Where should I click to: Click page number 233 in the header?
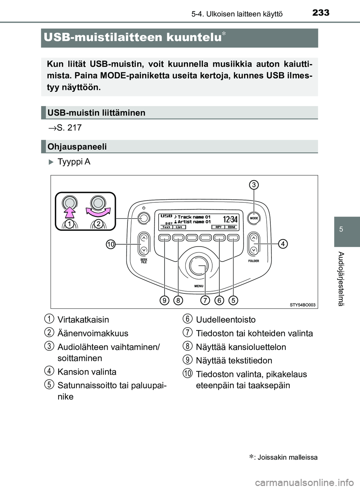click(321, 12)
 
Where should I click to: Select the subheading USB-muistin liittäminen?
click(96, 113)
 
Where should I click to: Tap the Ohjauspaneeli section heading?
click(77, 147)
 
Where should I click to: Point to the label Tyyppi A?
click(74, 162)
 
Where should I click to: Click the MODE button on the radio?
click(254, 218)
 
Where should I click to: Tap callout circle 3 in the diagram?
click(254, 185)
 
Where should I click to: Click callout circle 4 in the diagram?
click(283, 244)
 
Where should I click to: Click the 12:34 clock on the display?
click(230, 219)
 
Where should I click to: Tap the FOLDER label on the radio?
click(253, 261)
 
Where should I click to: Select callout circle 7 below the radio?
click(205, 300)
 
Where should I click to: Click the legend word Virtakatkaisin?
click(83, 320)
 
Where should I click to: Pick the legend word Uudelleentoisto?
click(226, 320)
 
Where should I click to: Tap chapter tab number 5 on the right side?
click(340, 229)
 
